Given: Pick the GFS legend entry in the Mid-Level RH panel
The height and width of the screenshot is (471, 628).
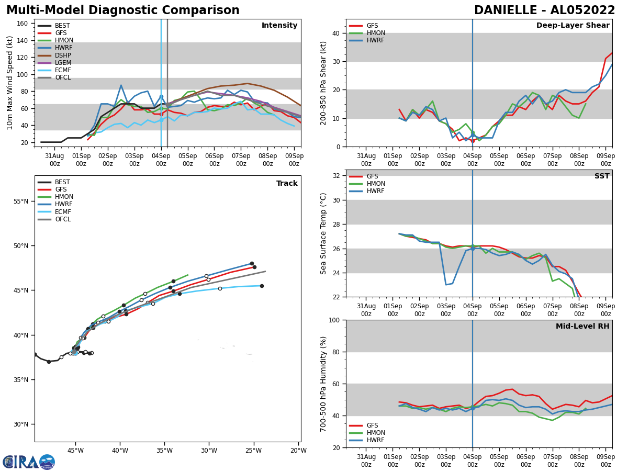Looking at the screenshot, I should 372,425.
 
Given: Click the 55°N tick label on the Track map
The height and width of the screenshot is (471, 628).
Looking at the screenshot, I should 21,201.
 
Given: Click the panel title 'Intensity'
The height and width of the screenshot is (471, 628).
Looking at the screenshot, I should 279,26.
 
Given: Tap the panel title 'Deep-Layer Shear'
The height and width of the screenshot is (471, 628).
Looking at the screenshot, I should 573,26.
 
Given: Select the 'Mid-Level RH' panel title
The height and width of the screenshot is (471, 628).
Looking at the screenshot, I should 582,327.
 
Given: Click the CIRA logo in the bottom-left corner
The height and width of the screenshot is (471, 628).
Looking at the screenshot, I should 29,462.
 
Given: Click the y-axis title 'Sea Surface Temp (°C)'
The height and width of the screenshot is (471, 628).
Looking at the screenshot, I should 323,233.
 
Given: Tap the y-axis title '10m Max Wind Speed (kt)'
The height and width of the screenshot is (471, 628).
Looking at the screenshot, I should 9,83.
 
